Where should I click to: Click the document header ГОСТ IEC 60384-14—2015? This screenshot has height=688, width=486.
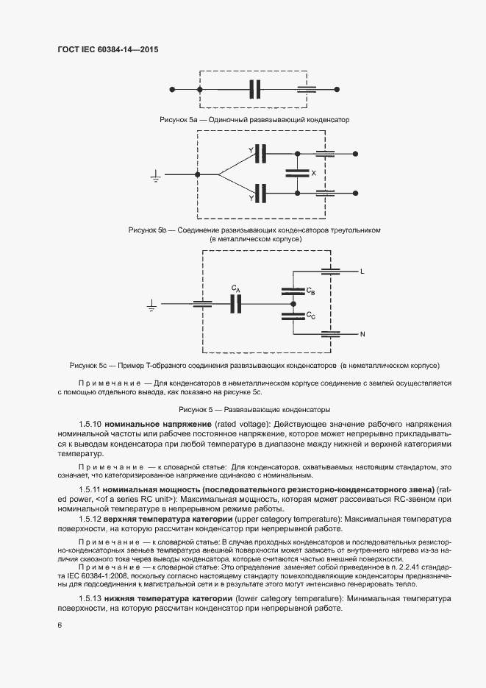(107, 49)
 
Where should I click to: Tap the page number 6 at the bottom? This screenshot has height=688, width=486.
(60, 625)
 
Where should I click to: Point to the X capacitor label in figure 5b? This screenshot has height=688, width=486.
(314, 174)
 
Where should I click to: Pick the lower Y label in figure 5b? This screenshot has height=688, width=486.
(251, 199)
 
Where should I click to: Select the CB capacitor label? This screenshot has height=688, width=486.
(311, 291)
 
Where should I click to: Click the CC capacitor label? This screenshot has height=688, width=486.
(311, 316)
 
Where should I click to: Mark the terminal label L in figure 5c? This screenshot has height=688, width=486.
(362, 272)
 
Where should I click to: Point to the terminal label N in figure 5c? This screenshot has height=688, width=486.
(362, 335)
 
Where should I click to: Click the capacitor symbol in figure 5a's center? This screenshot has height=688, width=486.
(255, 89)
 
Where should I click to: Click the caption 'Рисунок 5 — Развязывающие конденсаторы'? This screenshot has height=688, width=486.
(254, 408)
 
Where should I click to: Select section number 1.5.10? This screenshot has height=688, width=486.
(90, 425)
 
